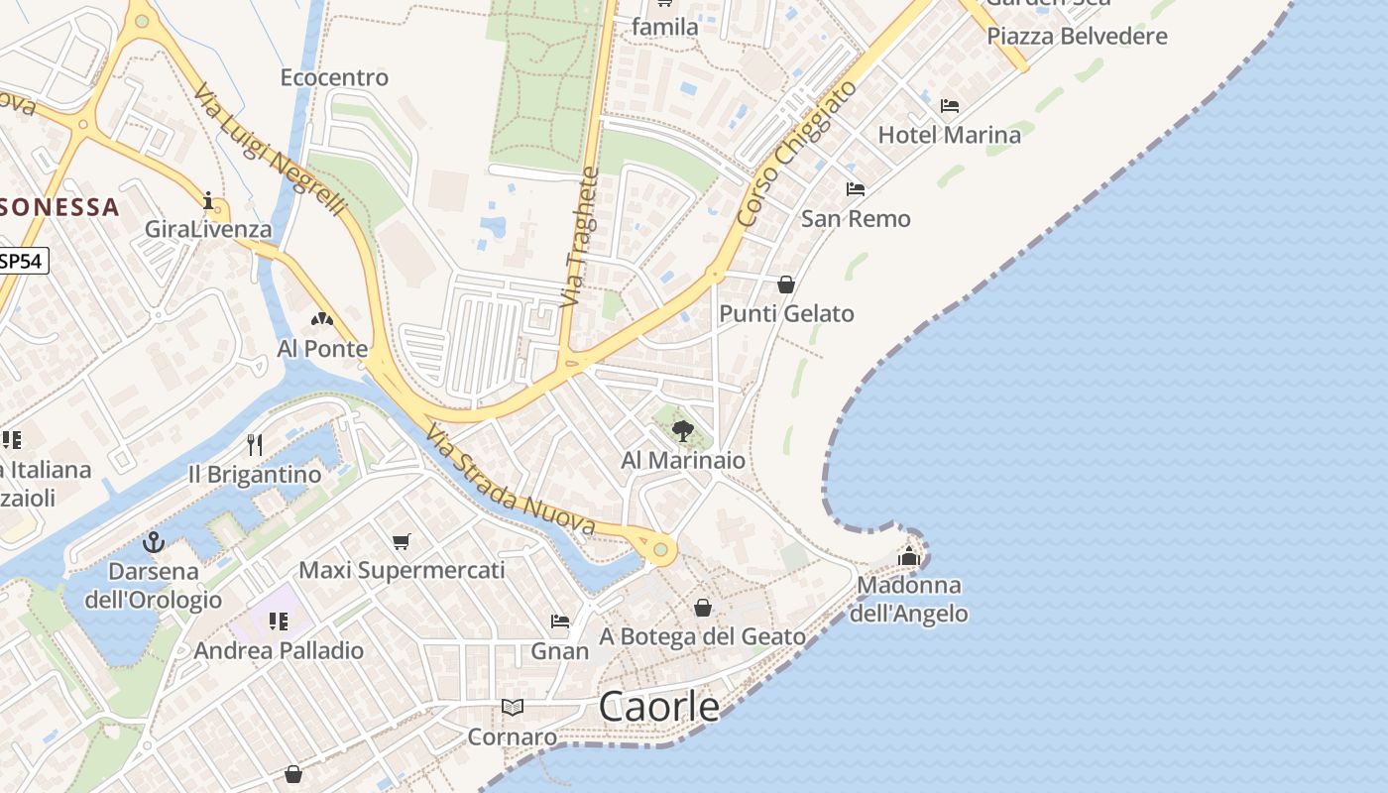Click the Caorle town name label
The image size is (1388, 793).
pos(659,706)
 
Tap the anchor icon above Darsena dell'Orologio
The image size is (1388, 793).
pos(154,542)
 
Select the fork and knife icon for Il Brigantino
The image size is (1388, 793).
pos(255,444)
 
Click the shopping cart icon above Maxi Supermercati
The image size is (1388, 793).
pos(402,541)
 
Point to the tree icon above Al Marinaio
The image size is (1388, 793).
pos(682,430)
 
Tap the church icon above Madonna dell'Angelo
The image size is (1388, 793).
pos(909,556)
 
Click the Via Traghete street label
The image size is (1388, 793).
pos(581,237)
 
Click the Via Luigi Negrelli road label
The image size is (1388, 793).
pos(270,149)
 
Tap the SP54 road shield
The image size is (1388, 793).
pos(22,261)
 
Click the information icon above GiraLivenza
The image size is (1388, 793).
pos(208,201)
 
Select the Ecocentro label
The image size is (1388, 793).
pos(334,77)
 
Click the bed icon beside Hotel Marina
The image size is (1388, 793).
pos(950,106)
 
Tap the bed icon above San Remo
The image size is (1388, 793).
pos(856,189)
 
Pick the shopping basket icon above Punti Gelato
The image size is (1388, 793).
pos(786,284)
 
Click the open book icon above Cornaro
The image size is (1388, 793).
pos(512,707)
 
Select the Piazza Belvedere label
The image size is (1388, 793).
pos(1077,37)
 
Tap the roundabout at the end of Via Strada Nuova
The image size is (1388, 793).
pos(660,548)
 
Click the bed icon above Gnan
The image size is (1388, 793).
pos(560,622)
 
